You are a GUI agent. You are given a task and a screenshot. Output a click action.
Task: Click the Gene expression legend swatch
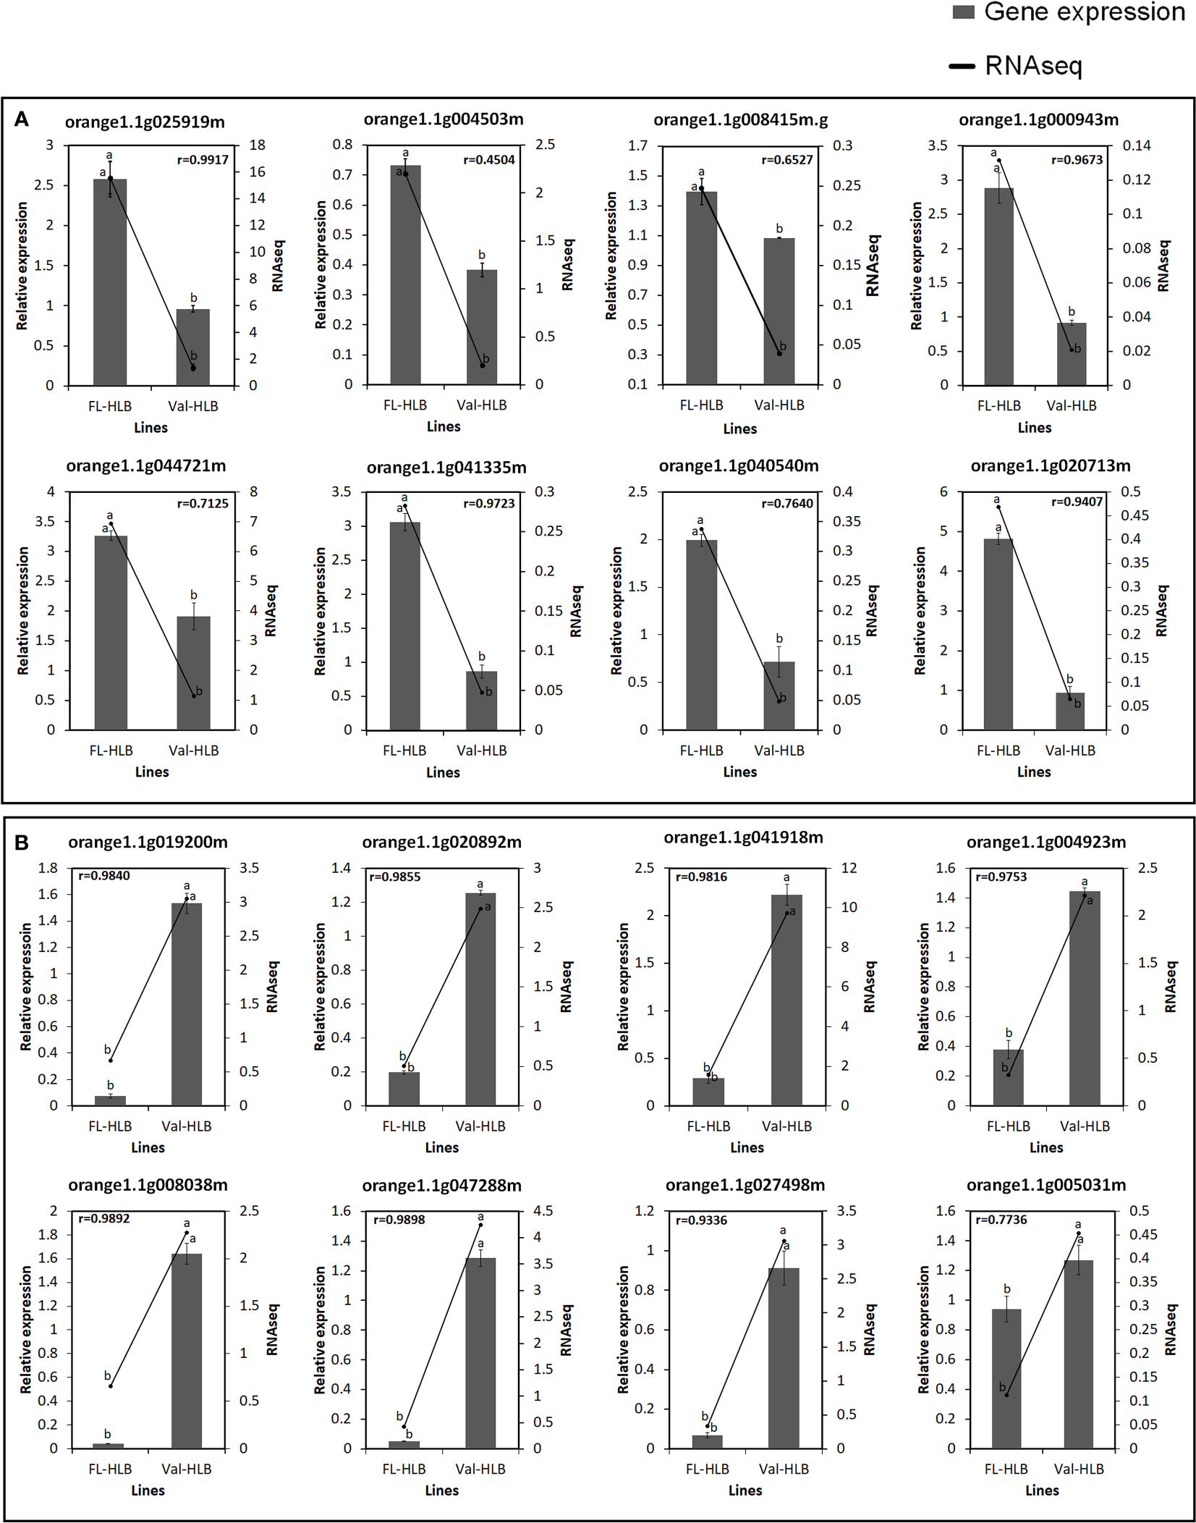[963, 12]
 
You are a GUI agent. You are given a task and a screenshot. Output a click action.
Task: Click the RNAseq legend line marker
[962, 67]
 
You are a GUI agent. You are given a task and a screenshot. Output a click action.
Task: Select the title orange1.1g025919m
[145, 122]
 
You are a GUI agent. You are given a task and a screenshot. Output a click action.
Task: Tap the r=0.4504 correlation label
[489, 160]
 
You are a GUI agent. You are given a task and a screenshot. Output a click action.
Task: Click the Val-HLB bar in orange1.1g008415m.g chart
[779, 311]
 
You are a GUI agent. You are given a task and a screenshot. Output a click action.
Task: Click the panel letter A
[22, 119]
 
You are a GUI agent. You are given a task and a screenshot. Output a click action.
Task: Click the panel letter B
[22, 842]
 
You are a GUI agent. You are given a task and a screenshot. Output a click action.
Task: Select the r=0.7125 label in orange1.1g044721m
[203, 503]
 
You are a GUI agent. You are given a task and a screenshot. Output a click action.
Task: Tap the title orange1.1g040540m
[738, 466]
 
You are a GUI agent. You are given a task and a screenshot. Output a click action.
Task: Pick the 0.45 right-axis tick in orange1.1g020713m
[1134, 515]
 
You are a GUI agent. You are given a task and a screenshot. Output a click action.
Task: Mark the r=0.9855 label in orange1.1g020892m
[394, 877]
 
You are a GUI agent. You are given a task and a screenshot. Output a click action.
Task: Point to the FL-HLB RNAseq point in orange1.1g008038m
[111, 1385]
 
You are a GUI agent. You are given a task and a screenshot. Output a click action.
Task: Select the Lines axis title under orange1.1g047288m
[441, 1490]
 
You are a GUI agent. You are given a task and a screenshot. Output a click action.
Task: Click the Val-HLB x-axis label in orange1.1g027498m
[784, 1469]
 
